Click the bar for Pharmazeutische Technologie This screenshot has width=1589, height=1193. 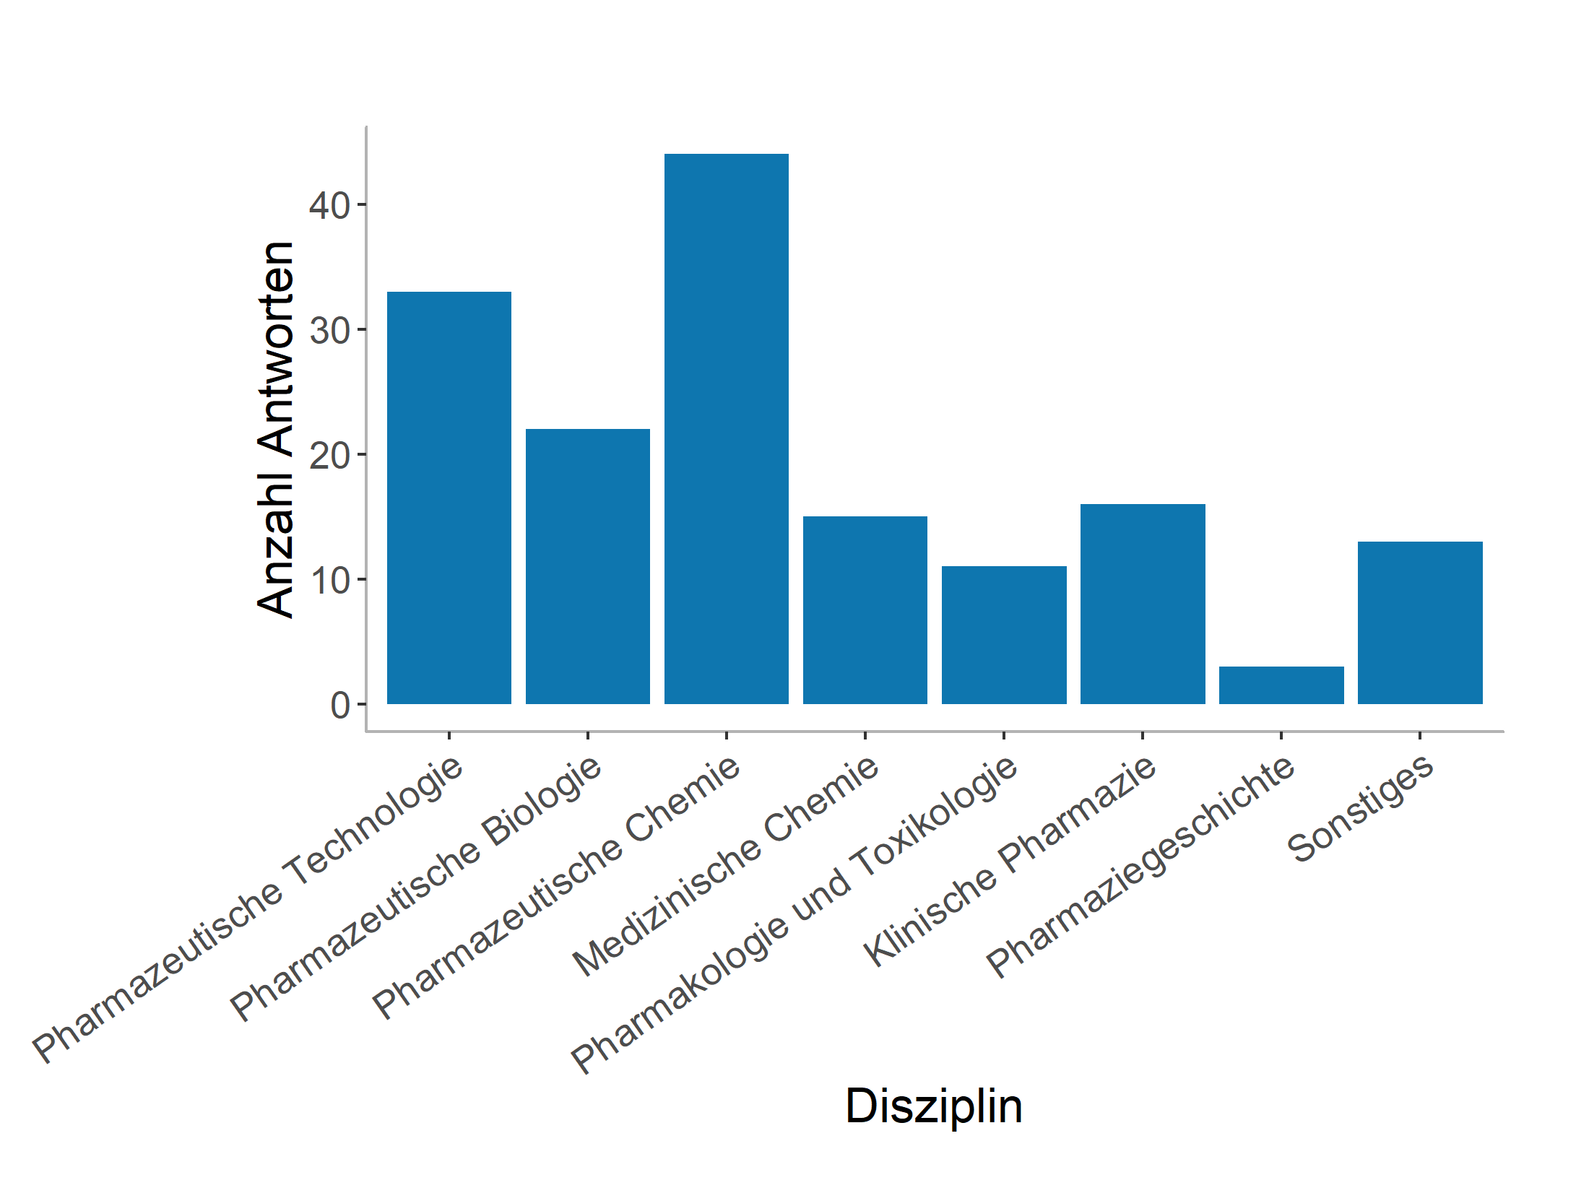tap(449, 498)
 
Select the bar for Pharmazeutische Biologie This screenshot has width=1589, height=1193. tap(587, 566)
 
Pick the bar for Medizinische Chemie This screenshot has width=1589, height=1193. tap(865, 609)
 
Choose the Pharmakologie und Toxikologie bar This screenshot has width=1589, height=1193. tap(1004, 635)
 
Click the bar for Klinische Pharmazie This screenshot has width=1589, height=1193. tap(1143, 604)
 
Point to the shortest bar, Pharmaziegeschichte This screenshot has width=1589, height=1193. tap(1281, 685)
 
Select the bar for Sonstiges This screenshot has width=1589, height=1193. tap(1420, 622)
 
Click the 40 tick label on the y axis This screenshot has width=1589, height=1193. tap(329, 206)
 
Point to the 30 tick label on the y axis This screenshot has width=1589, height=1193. tap(329, 331)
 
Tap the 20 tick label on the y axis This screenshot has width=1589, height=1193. tap(329, 456)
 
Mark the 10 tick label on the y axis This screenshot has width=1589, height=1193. tap(329, 581)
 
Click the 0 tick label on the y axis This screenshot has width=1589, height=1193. tap(339, 706)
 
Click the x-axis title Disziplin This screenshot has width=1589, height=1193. tap(934, 1106)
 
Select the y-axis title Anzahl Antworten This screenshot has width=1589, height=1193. tap(276, 430)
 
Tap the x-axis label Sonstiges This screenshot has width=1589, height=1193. tap(1360, 808)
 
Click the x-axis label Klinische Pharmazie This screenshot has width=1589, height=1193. tap(1009, 861)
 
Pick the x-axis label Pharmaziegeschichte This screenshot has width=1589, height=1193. tap(1140, 867)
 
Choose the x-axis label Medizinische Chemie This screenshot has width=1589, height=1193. tap(725, 866)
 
